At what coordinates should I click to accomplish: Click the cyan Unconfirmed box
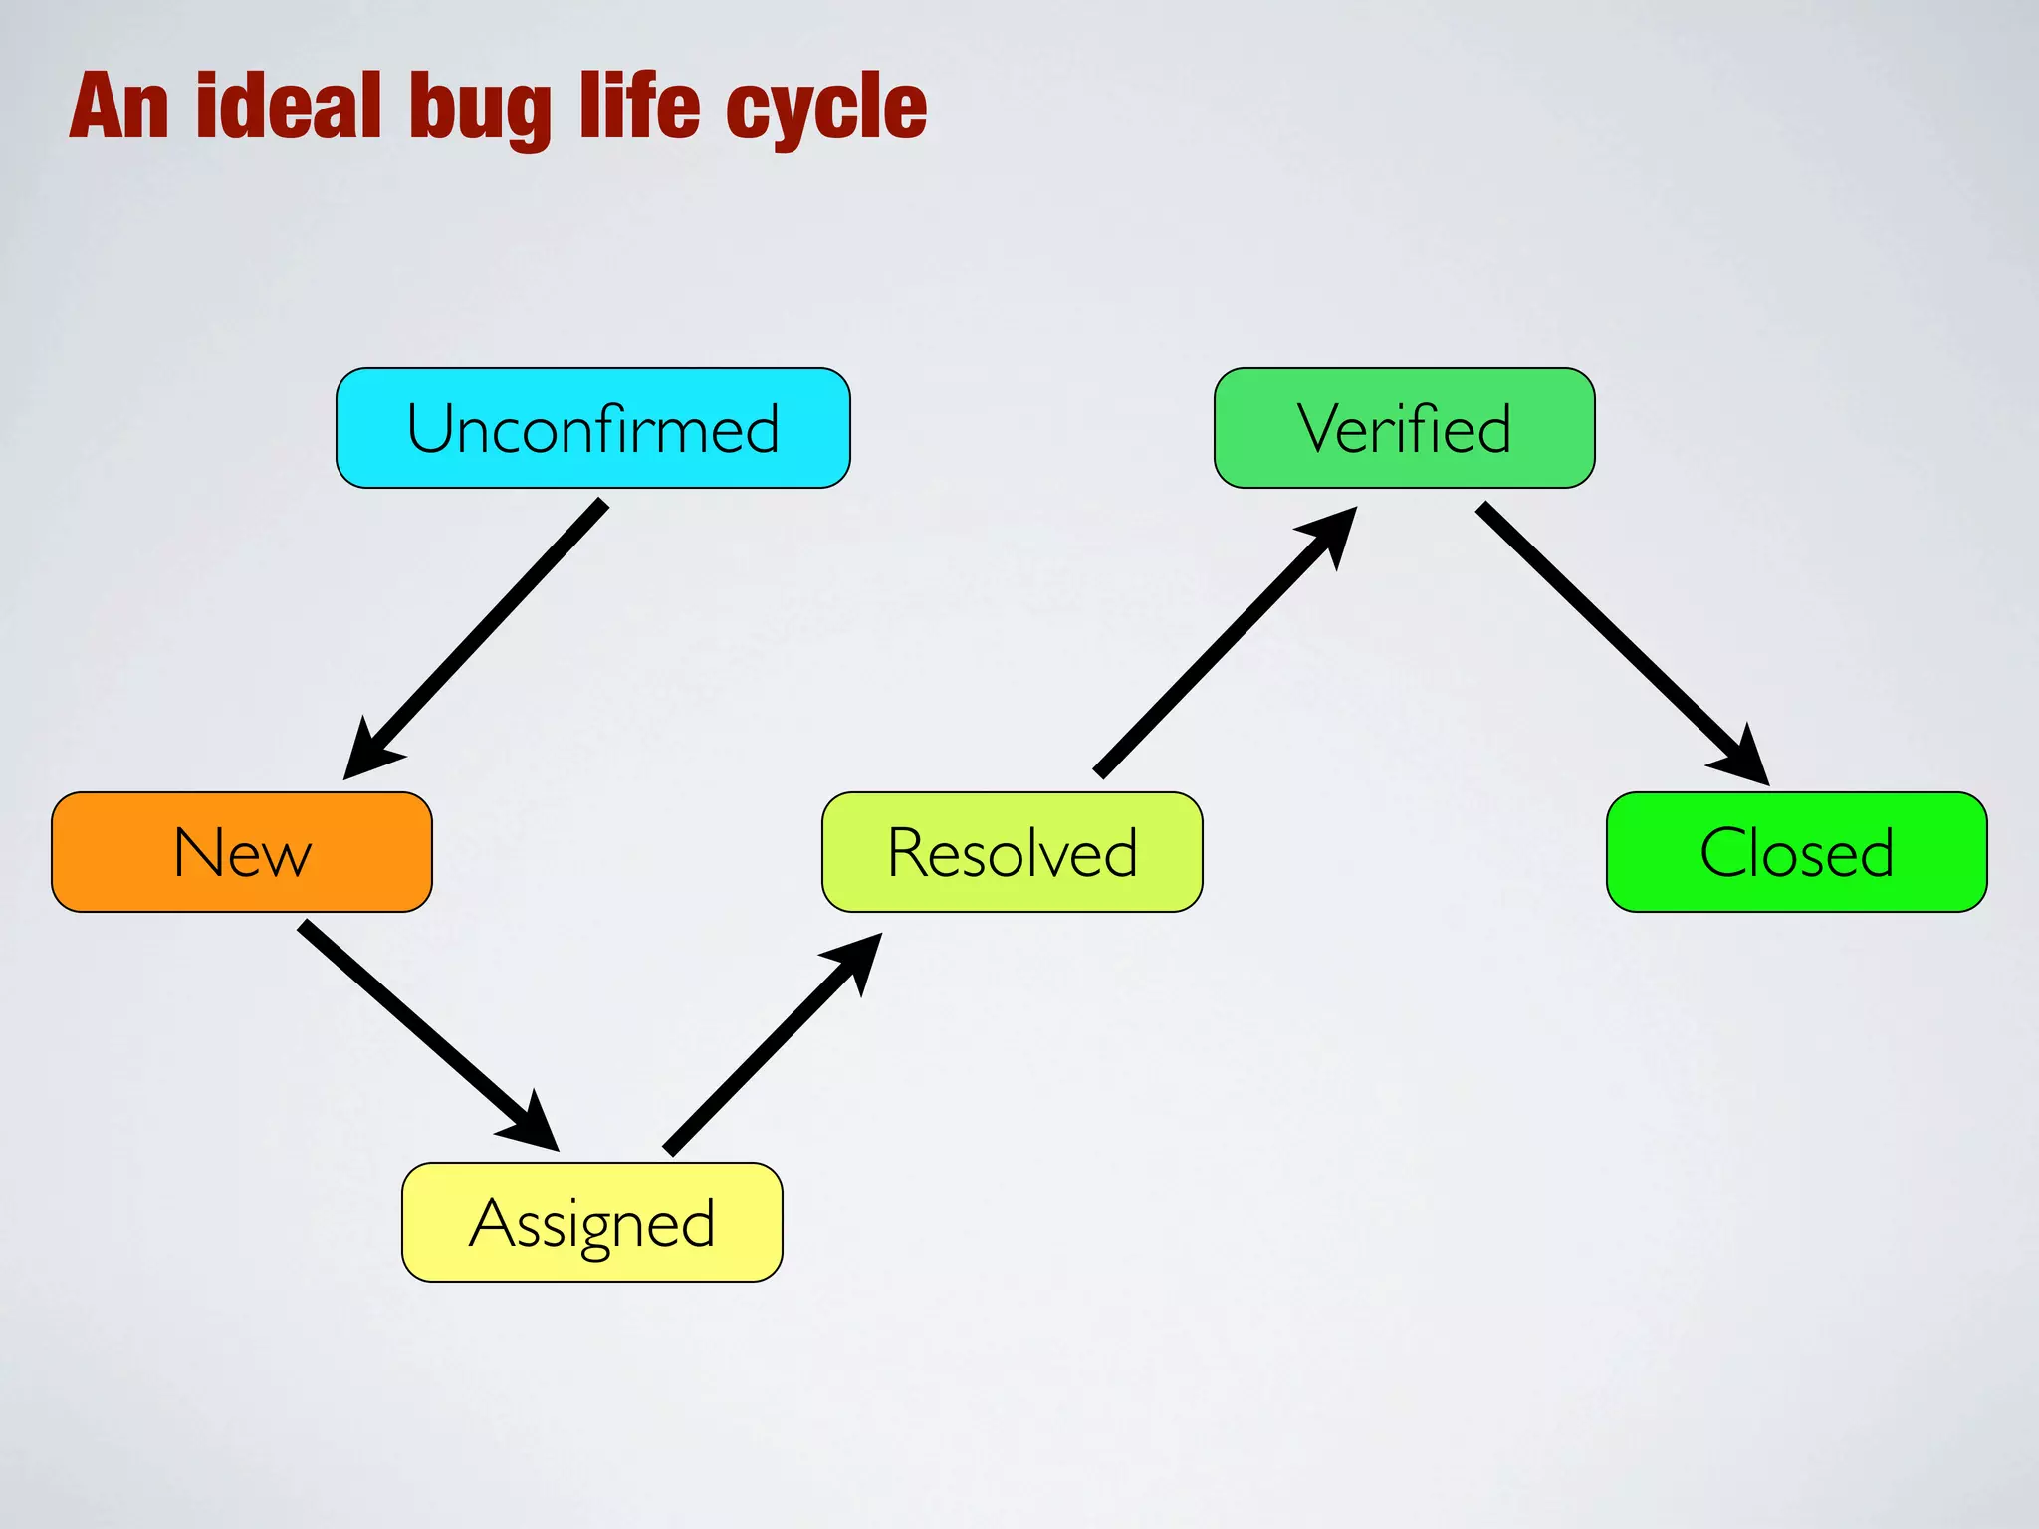click(592, 428)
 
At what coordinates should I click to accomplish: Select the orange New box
click(242, 852)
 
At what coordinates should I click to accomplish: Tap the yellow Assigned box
click(591, 1222)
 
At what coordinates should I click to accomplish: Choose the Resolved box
click(1012, 852)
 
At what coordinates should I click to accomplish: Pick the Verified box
click(1404, 428)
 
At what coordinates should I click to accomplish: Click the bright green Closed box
click(1796, 852)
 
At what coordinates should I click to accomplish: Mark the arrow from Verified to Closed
click(1613, 637)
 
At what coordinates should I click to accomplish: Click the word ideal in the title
click(289, 107)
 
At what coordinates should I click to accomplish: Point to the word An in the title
click(118, 107)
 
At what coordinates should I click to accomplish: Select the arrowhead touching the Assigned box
click(533, 1125)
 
